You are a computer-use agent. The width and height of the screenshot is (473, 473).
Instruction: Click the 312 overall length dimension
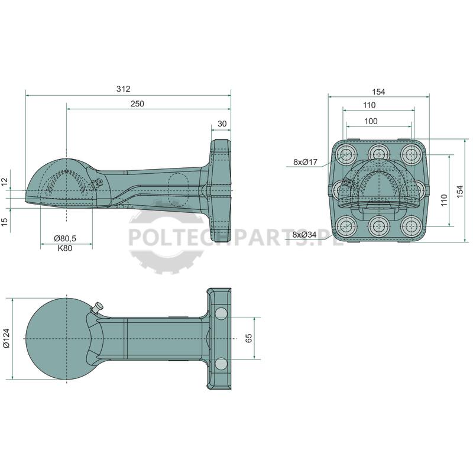pyautogui.click(x=124, y=89)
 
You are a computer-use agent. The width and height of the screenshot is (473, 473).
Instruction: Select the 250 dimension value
pyautogui.click(x=137, y=104)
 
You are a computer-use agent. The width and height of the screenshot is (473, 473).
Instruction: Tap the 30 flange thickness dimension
pyautogui.click(x=222, y=124)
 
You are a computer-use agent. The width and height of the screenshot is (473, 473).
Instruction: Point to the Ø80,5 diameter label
pyautogui.click(x=65, y=239)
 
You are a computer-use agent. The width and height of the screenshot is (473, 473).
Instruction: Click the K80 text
pyautogui.click(x=65, y=248)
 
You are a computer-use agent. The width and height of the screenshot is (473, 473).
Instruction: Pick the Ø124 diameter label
pyautogui.click(x=7, y=338)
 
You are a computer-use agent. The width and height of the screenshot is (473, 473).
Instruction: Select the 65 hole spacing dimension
pyautogui.click(x=249, y=338)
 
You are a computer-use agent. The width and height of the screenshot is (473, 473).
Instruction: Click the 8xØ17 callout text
pyautogui.click(x=305, y=162)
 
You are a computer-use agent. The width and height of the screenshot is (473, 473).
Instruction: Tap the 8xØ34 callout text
pyautogui.click(x=304, y=234)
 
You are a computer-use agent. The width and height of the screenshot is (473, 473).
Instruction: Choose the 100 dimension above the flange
pyautogui.click(x=371, y=121)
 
